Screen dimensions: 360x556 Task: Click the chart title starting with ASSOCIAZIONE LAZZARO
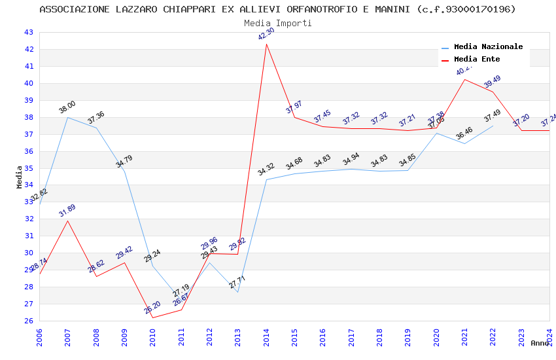coord(277,9)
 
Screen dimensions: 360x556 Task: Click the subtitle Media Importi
coord(277,23)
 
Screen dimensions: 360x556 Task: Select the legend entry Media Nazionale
coord(488,47)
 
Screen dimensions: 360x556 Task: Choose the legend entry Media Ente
coord(477,60)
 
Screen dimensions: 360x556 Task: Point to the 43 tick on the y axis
coord(28,32)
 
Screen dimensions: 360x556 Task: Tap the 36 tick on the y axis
coord(28,151)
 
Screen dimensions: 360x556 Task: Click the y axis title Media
coord(20,177)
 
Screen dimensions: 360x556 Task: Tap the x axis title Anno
coord(540,343)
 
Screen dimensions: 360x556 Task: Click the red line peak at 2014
coord(266,44)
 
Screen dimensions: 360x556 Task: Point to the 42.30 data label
coord(266,34)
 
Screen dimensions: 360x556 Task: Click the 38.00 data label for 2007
coord(67,107)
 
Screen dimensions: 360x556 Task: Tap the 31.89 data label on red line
coord(67,211)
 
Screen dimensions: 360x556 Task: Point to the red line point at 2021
coord(464,80)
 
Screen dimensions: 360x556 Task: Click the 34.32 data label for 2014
coord(266,170)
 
